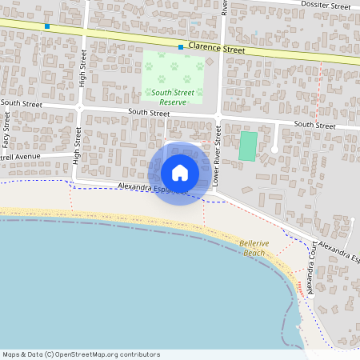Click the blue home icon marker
[179, 172]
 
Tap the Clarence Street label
[216, 50]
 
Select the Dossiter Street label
[326, 6]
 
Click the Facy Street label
[6, 130]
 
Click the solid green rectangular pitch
[248, 146]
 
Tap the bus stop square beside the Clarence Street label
[182, 47]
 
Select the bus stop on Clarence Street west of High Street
[47, 26]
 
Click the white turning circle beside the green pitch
[274, 150]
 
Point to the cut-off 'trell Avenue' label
[20, 157]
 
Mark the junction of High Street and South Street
[79, 106]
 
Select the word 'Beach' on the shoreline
[254, 253]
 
